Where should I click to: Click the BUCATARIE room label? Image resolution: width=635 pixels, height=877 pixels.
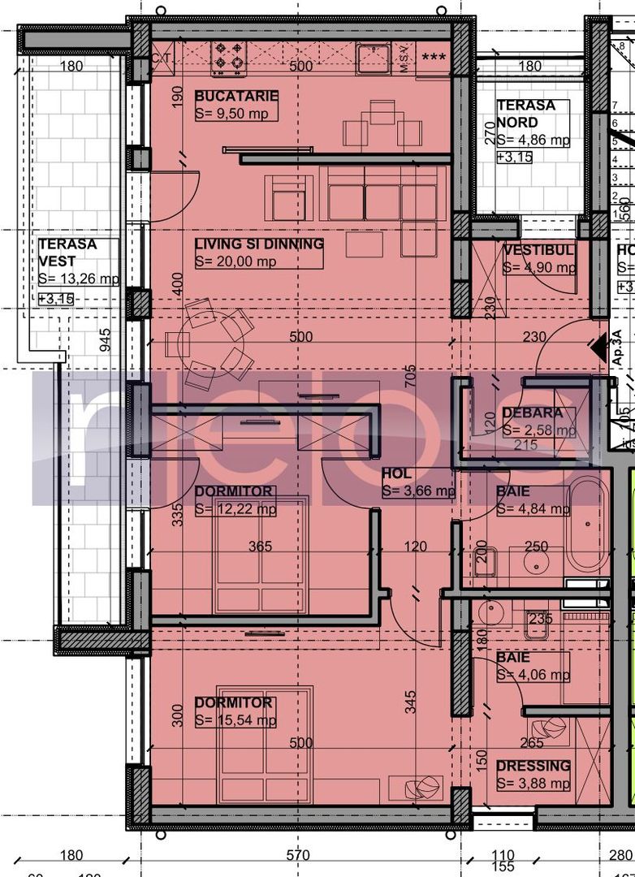[x=236, y=97]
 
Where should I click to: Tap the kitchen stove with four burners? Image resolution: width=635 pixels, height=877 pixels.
[x=228, y=57]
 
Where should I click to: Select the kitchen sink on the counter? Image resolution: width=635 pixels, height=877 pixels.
[x=373, y=58]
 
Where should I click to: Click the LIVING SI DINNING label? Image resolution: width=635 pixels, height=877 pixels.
[x=259, y=244]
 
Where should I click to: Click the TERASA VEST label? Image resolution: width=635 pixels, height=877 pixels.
[x=67, y=253]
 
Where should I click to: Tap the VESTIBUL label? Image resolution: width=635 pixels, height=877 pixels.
[x=539, y=250]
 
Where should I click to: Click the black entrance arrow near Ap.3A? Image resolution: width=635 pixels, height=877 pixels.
[x=599, y=348]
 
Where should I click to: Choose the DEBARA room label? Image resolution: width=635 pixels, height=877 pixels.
[x=532, y=413]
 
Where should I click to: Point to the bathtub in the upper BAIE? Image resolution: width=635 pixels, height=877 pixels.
[x=586, y=525]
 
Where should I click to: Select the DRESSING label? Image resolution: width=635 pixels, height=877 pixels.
[x=533, y=766]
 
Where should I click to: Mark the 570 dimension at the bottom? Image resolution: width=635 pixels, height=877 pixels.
[x=298, y=855]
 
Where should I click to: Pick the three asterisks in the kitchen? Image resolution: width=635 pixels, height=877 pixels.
[x=433, y=58]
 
